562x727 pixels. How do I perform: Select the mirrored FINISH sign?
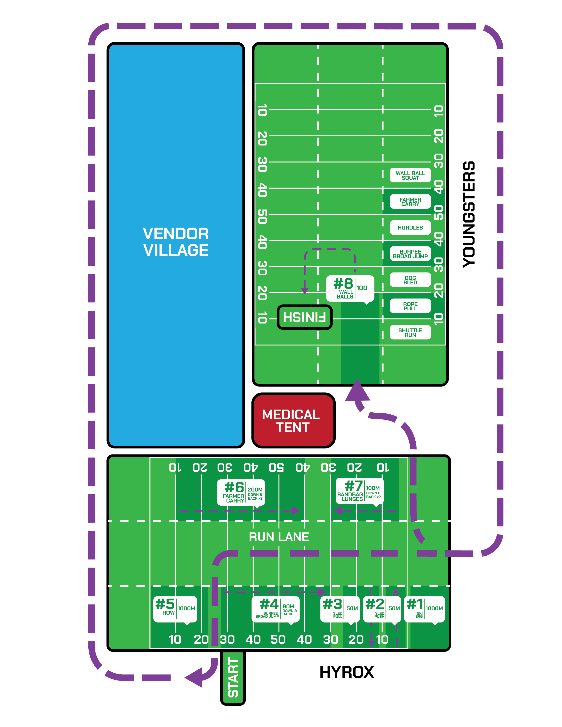[304, 317]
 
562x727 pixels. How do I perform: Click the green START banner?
[233, 678]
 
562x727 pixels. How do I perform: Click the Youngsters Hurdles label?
[410, 228]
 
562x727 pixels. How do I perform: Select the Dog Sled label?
[410, 280]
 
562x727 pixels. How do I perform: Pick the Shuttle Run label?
[410, 332]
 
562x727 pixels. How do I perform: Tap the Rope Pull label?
[410, 306]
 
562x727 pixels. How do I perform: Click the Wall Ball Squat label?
[410, 175]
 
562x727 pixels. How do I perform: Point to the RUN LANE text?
[279, 537]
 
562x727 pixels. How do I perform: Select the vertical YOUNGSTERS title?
[469, 214]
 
